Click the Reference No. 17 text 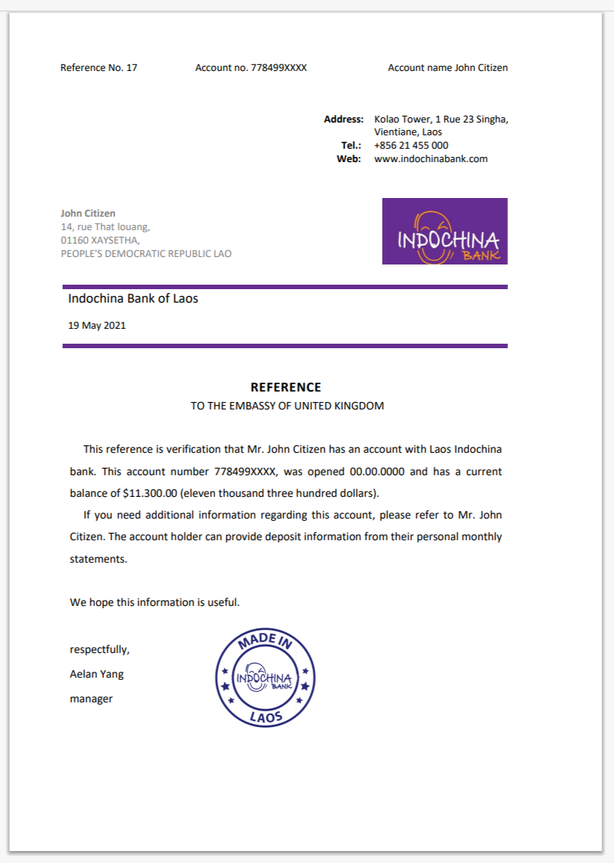coord(99,68)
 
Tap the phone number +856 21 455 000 coord(411,146)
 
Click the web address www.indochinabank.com coord(430,158)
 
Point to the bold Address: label coord(344,120)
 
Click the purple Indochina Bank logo coord(444,231)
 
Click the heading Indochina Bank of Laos coord(133,299)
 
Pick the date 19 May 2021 coord(96,326)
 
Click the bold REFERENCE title coord(285,387)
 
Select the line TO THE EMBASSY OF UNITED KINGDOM coord(287,406)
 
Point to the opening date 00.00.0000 coord(376,472)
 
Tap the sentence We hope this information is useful coord(155,602)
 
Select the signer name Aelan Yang coord(96,674)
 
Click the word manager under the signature coord(91,699)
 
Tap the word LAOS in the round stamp coord(266,716)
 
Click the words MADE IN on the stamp coord(265,641)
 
